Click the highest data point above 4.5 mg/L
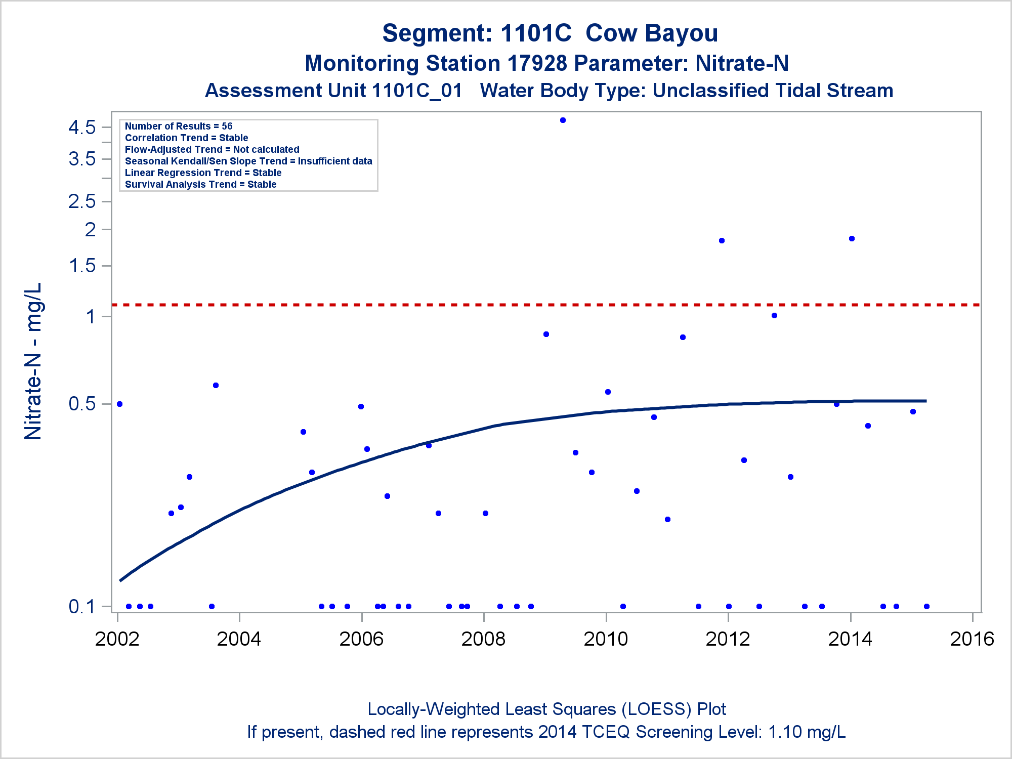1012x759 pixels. point(563,120)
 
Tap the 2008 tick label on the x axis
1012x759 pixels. point(483,639)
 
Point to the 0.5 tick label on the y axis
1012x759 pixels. point(82,404)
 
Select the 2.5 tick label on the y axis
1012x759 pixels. point(82,201)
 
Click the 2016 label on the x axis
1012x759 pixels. point(972,639)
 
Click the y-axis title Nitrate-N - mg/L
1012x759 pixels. point(33,361)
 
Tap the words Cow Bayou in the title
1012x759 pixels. point(652,33)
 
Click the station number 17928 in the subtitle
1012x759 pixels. point(538,63)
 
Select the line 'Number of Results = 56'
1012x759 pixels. point(179,126)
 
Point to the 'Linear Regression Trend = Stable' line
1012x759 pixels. point(203,173)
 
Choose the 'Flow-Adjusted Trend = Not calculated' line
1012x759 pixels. point(212,149)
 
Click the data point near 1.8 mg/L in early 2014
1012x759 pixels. point(852,239)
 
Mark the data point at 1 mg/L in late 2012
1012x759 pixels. point(774,316)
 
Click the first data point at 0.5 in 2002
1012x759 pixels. point(119,404)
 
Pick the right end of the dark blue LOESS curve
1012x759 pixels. point(926,401)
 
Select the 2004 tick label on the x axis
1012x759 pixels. point(239,639)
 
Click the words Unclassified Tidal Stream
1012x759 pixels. point(773,91)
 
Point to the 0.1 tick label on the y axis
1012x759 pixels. point(82,606)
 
